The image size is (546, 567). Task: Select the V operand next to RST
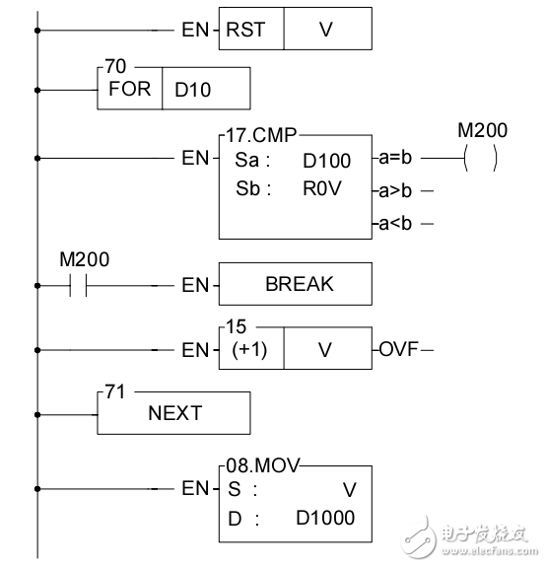(327, 29)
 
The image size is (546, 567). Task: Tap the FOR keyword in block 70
(130, 89)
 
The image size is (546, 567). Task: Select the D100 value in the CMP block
(328, 158)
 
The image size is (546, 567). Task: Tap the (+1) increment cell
(250, 350)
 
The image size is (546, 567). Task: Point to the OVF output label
(397, 350)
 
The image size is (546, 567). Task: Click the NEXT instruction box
(175, 414)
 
